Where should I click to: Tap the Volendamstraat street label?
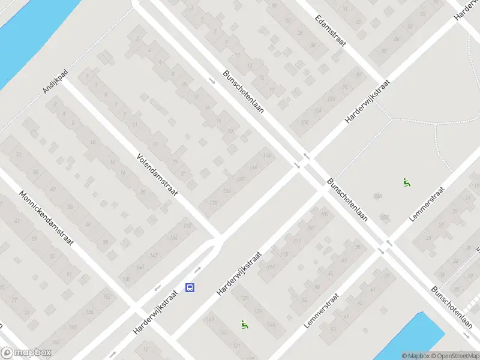(x=158, y=173)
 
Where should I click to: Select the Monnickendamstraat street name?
(x=46, y=219)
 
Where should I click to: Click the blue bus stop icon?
(x=190, y=288)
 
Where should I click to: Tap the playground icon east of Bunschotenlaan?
(x=407, y=183)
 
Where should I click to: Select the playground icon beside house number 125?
(x=244, y=325)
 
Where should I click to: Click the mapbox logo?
(x=26, y=353)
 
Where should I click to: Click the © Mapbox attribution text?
(x=416, y=356)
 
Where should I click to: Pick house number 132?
(x=188, y=226)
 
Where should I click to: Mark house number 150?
(x=126, y=280)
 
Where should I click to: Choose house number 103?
(x=325, y=214)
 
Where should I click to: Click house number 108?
(x=304, y=123)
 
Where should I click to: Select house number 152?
(x=107, y=297)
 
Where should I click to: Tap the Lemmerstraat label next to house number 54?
(x=322, y=310)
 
